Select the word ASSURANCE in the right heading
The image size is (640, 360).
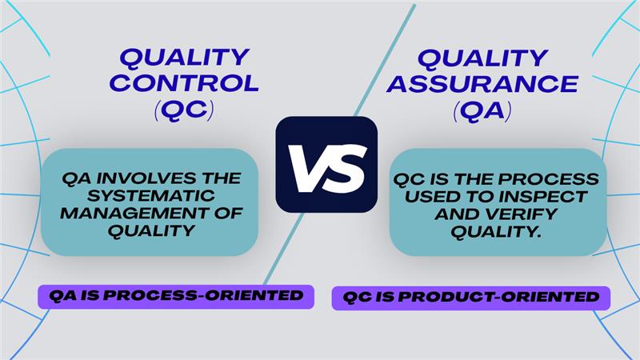(482, 82)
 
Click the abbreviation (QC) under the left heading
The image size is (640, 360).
(183, 110)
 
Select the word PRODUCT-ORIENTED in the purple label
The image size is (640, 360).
(501, 297)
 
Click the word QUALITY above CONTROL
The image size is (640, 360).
(184, 58)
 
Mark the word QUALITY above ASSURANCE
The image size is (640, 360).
(482, 58)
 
